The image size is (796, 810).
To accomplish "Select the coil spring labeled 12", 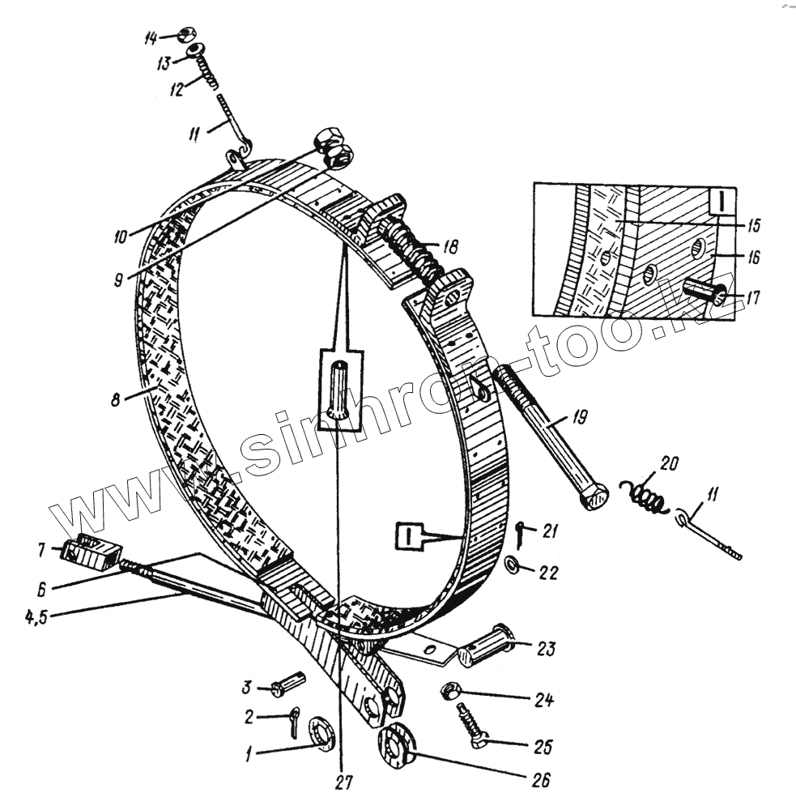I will coord(206,74).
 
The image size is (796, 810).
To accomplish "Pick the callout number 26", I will coord(540,781).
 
